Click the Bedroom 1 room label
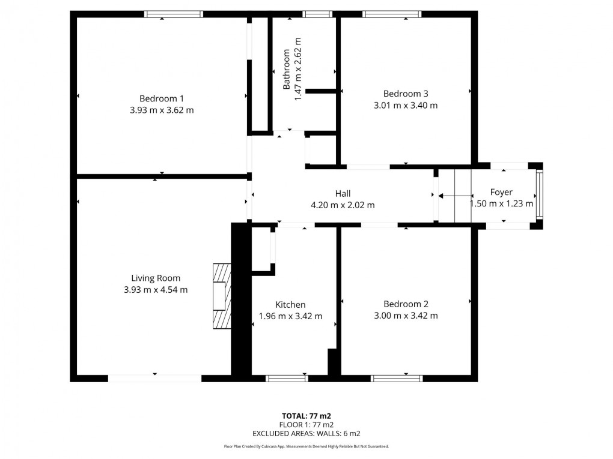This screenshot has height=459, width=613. click(x=161, y=98)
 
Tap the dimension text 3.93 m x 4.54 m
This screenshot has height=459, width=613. click(x=155, y=290)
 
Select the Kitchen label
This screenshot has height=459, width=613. click(x=290, y=305)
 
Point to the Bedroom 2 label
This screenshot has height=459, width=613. click(x=406, y=304)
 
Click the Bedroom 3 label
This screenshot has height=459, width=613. click(x=406, y=94)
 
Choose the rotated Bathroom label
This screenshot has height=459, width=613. click(x=287, y=69)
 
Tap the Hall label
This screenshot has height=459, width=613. click(x=343, y=193)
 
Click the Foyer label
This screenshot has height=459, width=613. click(x=501, y=192)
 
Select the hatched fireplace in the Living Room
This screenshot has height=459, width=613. click(x=222, y=296)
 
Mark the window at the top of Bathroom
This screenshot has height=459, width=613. click(x=313, y=14)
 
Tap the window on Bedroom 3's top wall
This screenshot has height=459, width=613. click(x=392, y=14)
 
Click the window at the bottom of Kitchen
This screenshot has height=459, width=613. click(x=287, y=378)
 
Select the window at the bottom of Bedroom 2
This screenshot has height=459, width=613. click(x=397, y=378)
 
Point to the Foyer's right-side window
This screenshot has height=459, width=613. click(x=539, y=194)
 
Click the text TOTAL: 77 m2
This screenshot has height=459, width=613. click(x=306, y=415)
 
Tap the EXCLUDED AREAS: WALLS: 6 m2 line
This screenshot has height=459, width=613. click(x=306, y=433)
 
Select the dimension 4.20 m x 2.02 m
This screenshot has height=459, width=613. click(x=343, y=205)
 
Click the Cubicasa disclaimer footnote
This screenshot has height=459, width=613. click(x=306, y=446)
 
